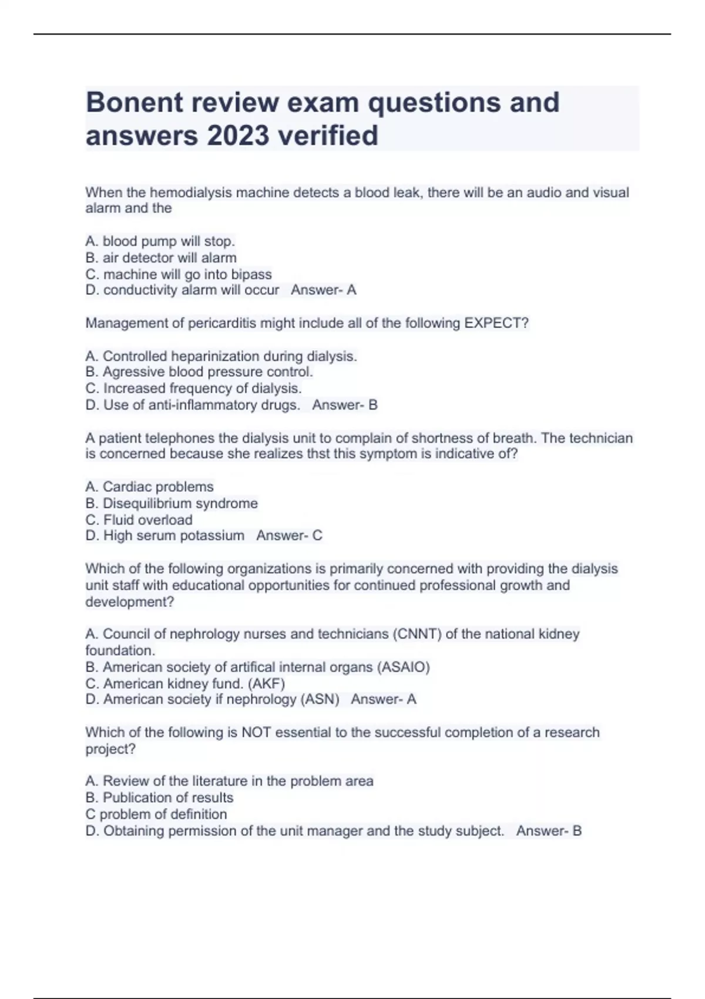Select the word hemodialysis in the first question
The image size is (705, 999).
(x=184, y=193)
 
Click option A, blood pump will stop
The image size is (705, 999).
(x=160, y=242)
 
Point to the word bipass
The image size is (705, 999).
(x=251, y=274)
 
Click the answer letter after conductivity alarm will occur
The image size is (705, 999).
(x=351, y=290)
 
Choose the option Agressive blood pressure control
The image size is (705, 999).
(x=199, y=372)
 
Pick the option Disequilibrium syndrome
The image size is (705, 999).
(x=172, y=504)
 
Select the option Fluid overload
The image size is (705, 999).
(x=139, y=520)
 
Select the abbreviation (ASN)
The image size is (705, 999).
(x=320, y=699)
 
